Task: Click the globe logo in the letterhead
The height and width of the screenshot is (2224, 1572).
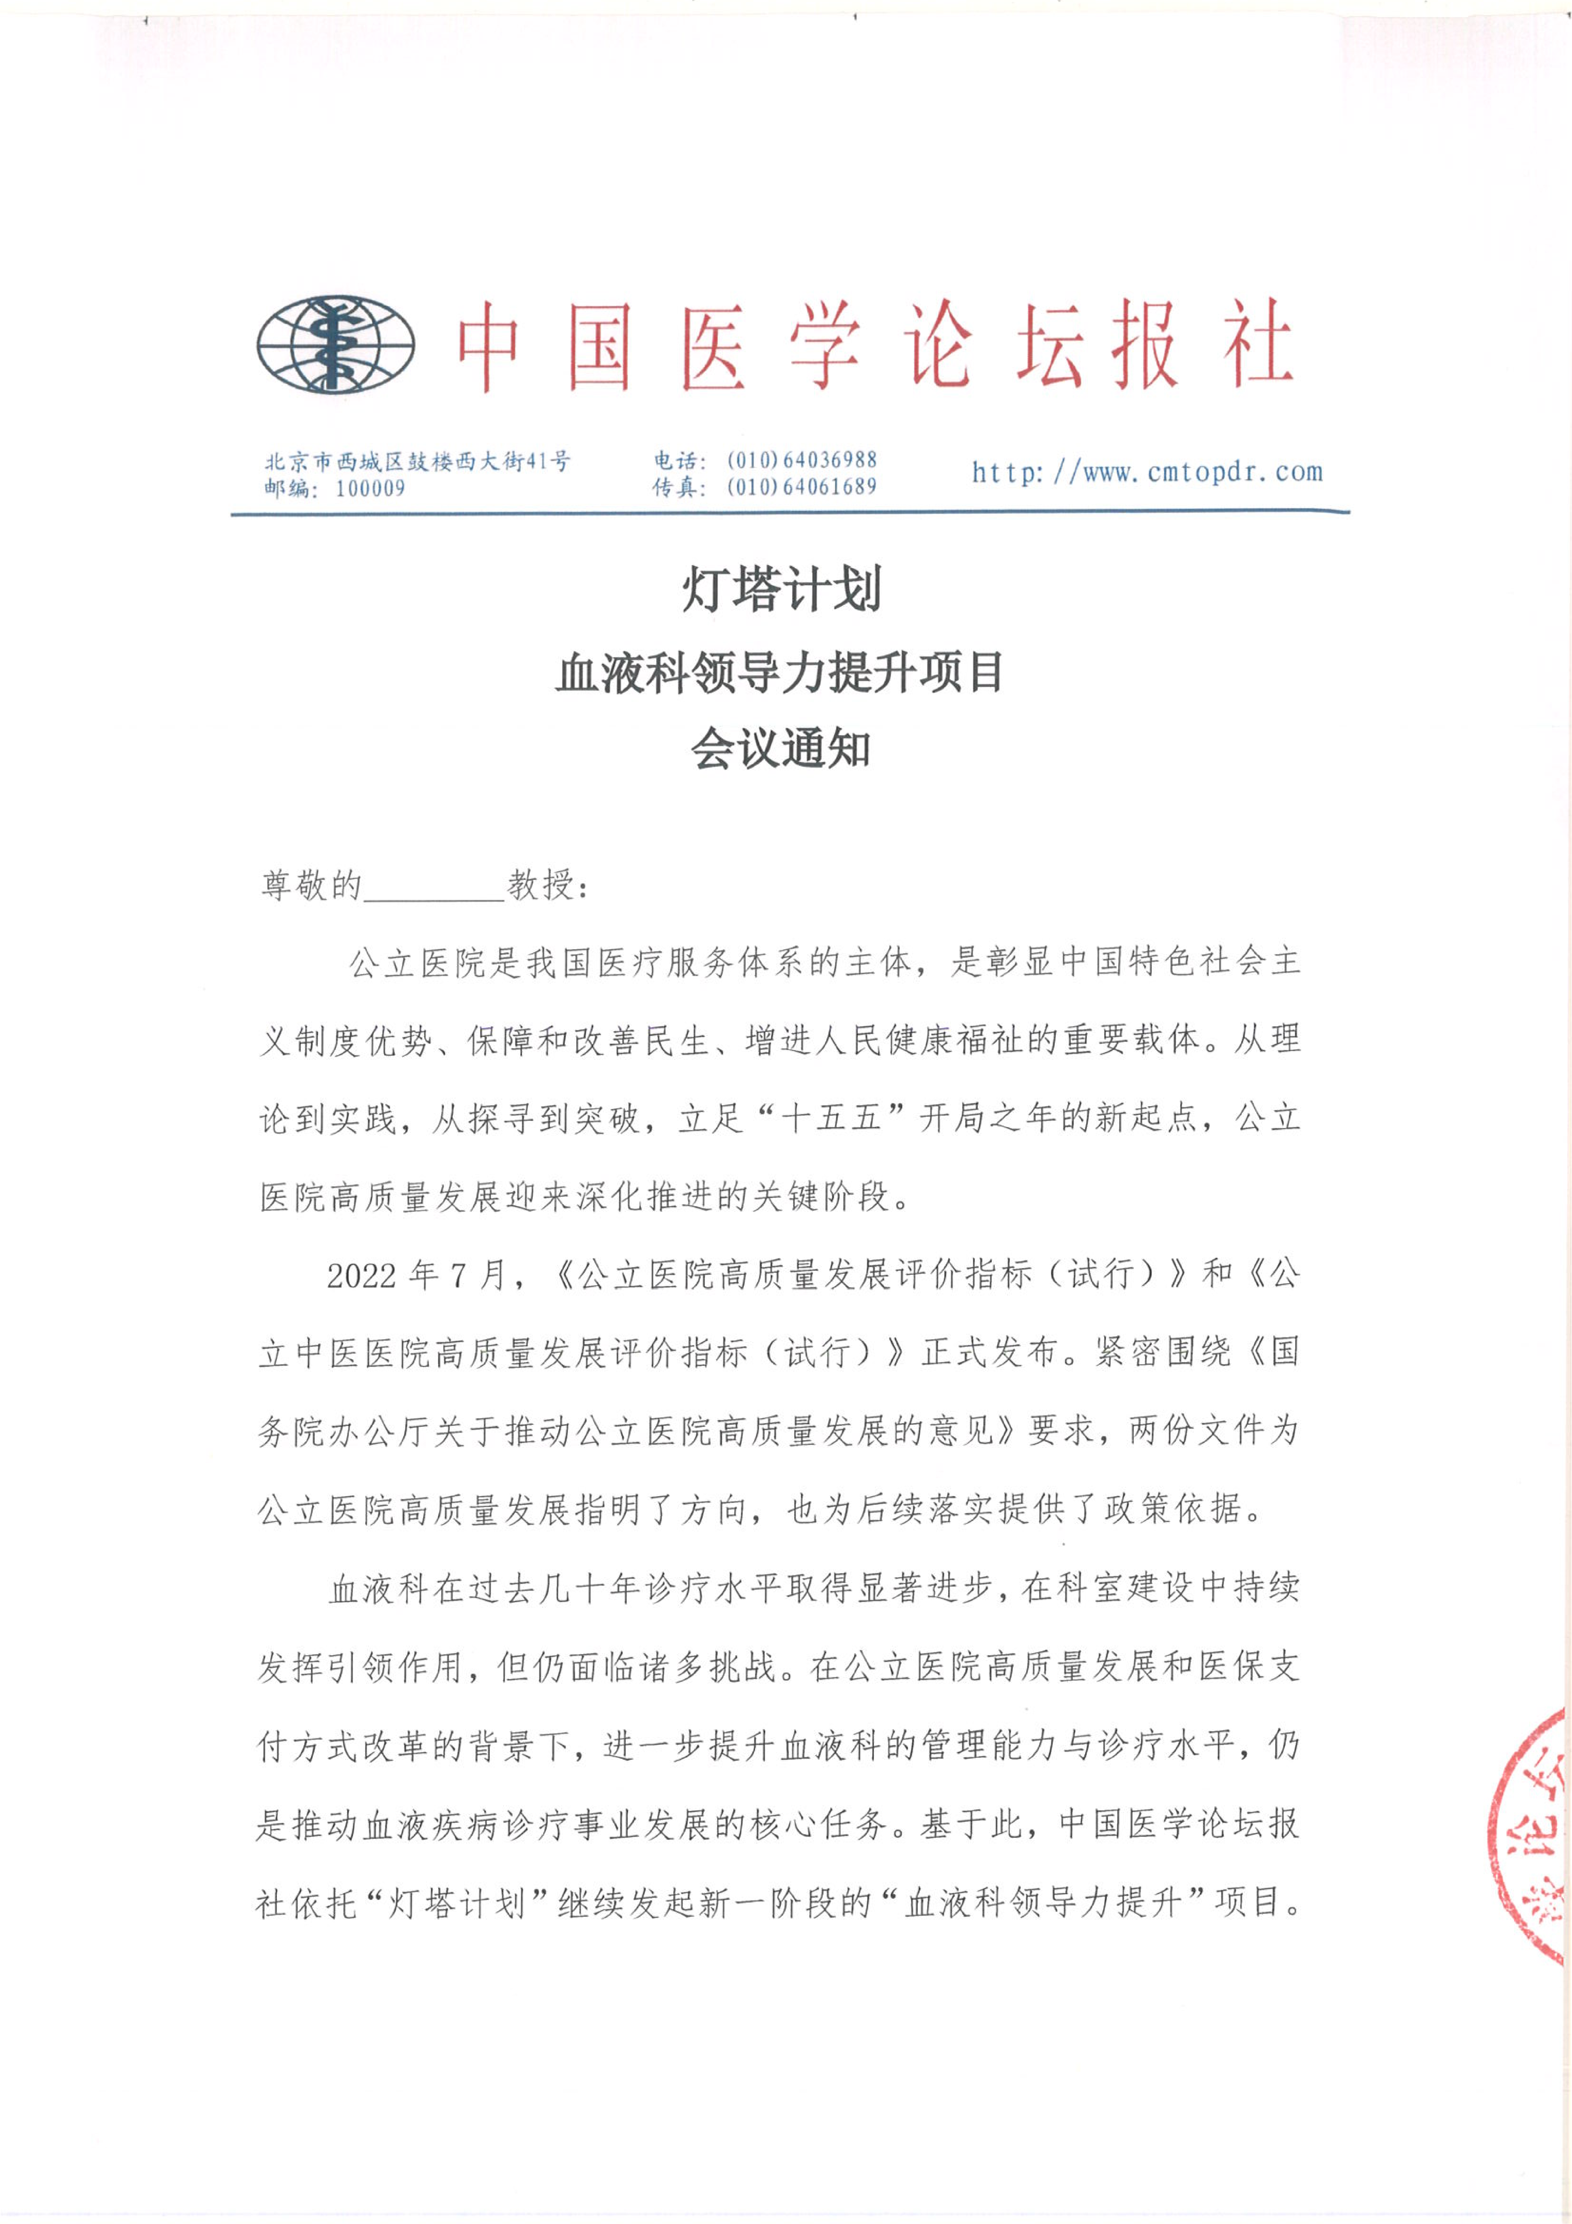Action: (335, 345)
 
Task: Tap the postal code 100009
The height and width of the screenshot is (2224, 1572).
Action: (370, 488)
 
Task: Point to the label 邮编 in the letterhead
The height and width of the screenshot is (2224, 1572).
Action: (286, 488)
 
